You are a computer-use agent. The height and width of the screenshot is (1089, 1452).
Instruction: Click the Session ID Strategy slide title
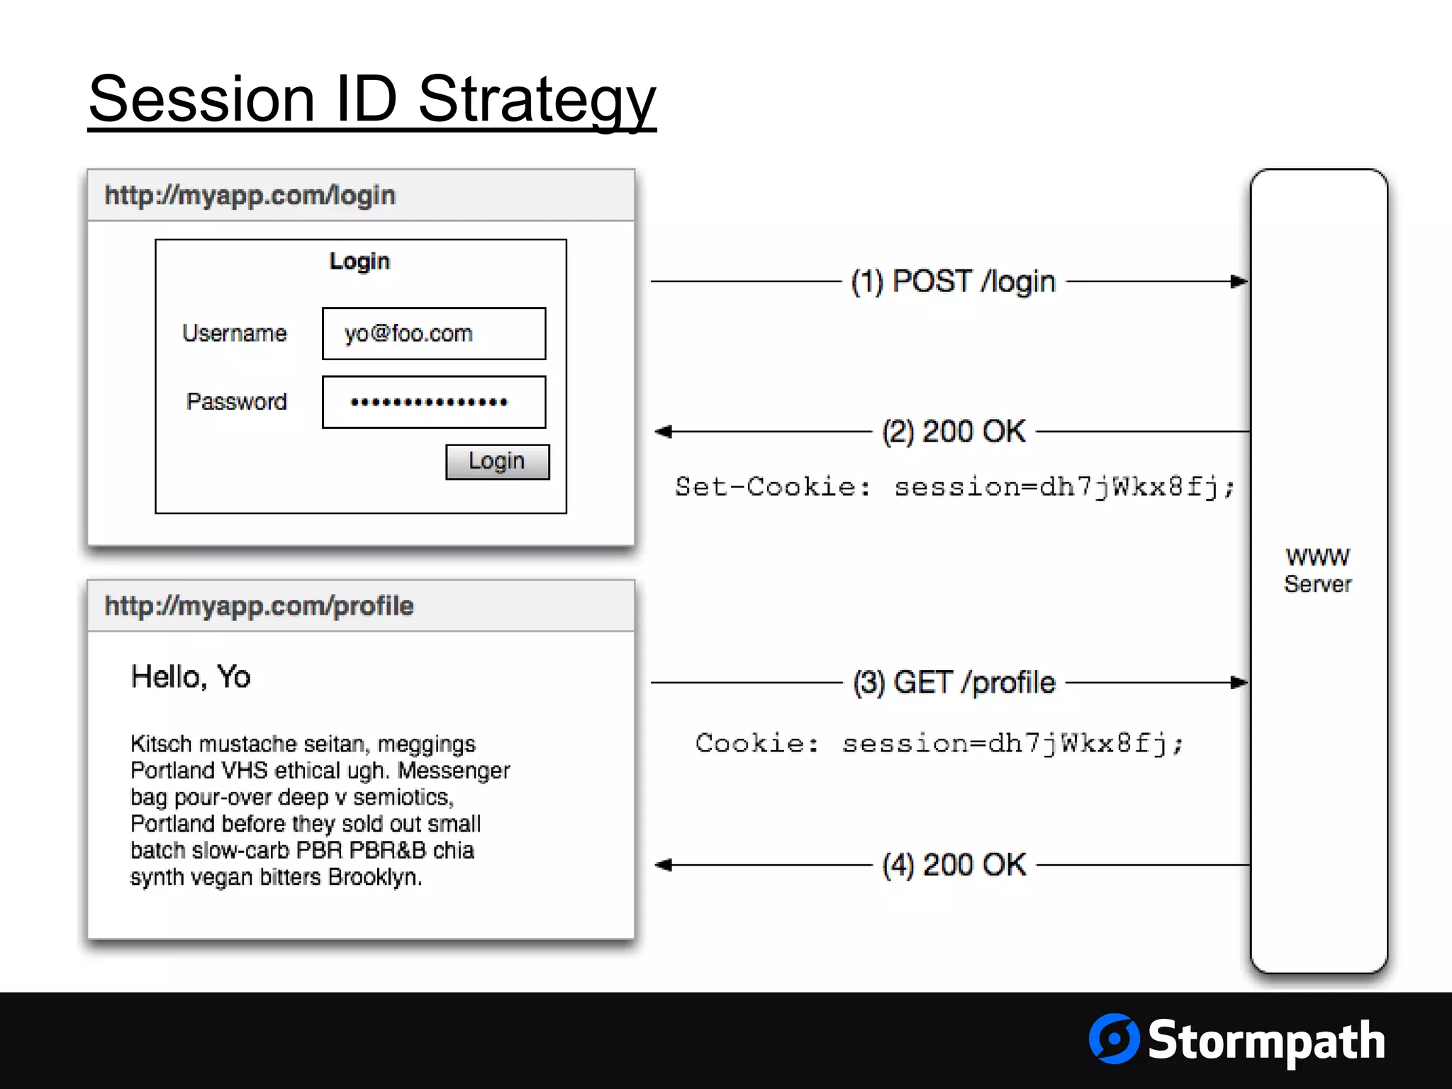pos(372,99)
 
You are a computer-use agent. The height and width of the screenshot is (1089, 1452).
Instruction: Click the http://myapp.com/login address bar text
pos(250,195)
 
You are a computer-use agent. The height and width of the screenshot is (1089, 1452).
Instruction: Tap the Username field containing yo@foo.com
pos(434,333)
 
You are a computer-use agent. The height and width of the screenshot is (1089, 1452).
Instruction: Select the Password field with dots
pos(434,402)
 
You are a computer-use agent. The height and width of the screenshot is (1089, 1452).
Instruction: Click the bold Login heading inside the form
pos(359,261)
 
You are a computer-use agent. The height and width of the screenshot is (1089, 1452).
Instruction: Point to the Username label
pos(235,333)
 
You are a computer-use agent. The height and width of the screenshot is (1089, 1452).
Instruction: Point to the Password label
pos(237,401)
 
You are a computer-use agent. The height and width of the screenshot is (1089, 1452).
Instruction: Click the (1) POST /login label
pos(953,281)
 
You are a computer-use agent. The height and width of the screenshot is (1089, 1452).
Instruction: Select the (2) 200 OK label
pos(954,431)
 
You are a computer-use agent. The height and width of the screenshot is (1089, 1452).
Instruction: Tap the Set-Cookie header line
pos(954,487)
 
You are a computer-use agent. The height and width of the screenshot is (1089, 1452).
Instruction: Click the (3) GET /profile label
pos(954,682)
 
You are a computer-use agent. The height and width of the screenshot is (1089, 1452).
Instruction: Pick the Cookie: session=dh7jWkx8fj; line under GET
pos(939,743)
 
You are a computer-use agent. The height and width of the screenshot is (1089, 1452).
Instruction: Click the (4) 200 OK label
pos(954,865)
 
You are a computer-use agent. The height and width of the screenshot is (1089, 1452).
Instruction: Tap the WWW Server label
pos(1317,570)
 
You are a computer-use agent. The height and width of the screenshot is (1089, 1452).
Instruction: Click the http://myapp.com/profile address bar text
pos(259,606)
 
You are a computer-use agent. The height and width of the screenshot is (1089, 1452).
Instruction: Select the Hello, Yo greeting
pos(191,676)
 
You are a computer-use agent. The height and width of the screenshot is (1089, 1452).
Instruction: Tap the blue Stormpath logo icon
pos(1114,1039)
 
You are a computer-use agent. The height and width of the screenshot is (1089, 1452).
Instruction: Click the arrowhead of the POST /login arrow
pos(1239,281)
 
